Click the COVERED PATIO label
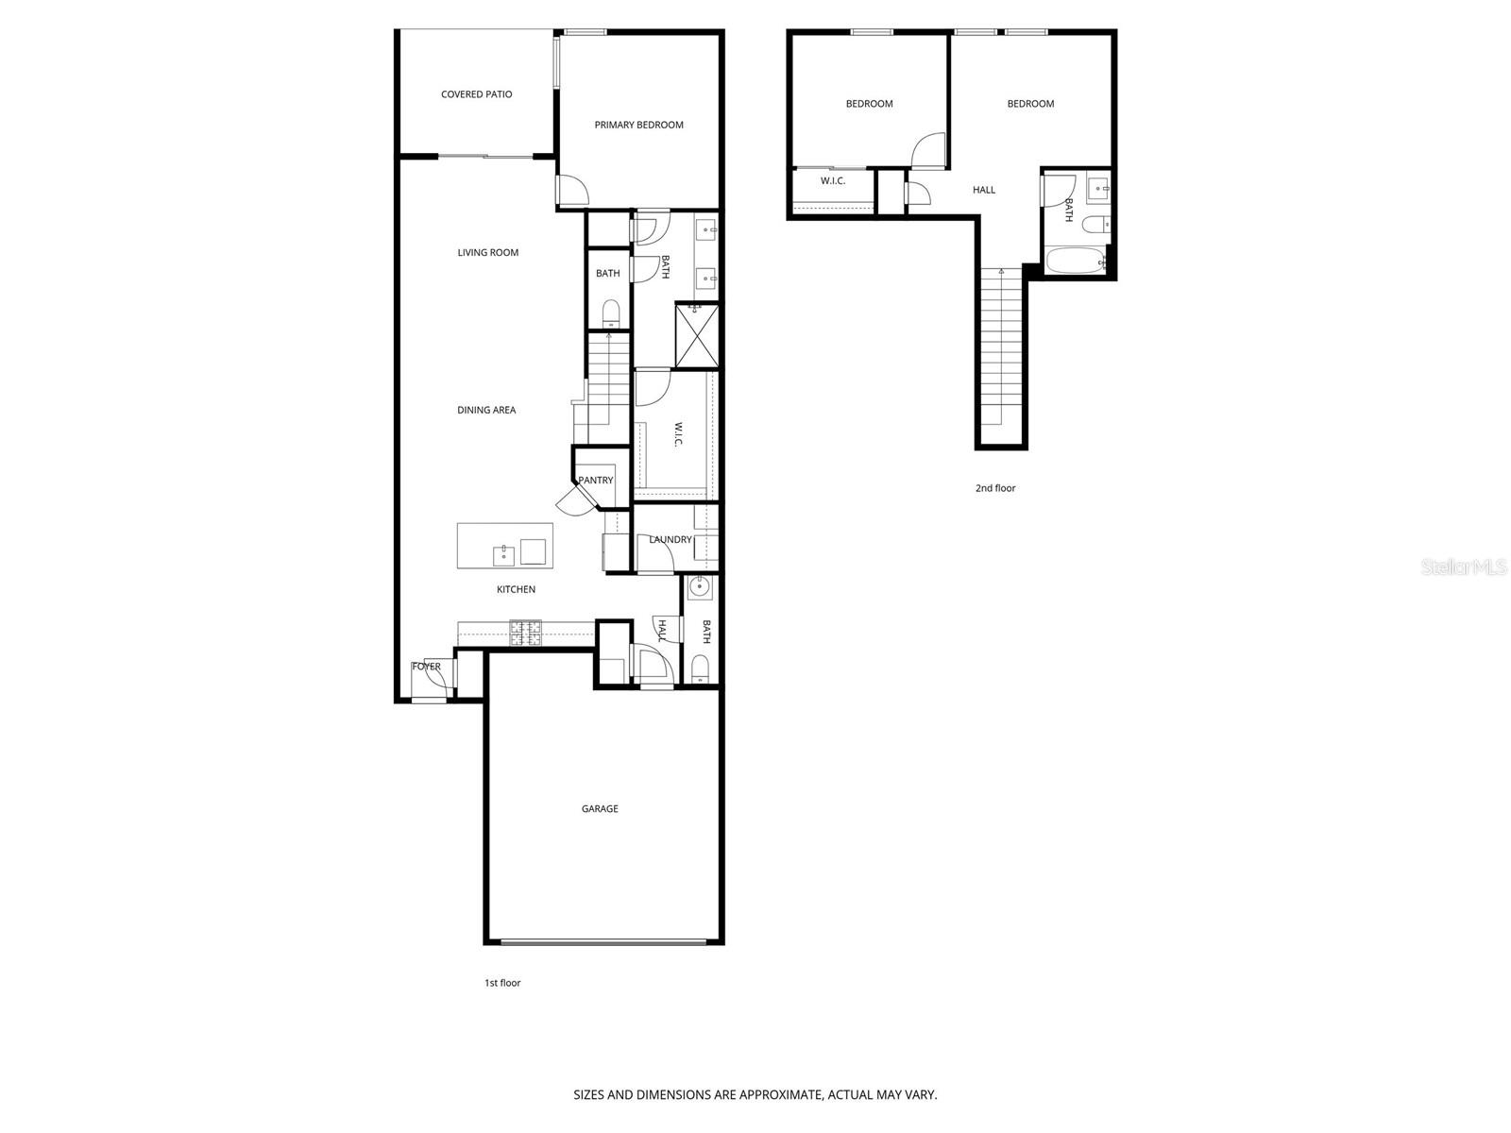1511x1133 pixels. [x=476, y=94]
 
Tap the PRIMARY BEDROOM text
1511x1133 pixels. [x=638, y=125]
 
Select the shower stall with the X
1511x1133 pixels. [x=698, y=333]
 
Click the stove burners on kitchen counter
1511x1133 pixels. [x=526, y=634]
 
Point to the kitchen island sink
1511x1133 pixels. [x=504, y=552]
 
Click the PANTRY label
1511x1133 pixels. [x=596, y=481]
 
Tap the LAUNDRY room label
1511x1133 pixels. [x=671, y=540]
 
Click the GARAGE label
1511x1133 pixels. [x=600, y=809]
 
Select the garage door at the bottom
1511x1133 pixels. [x=603, y=941]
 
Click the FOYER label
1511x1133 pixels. [x=427, y=667]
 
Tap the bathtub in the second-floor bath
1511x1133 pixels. [x=1075, y=261]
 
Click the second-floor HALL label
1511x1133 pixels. [x=984, y=190]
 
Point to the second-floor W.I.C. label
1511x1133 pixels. [x=833, y=181]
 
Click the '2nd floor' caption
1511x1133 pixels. [x=995, y=488]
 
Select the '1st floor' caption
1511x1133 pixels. [x=502, y=983]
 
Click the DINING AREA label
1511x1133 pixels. [x=486, y=410]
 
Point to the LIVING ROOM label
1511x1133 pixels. [x=488, y=252]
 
